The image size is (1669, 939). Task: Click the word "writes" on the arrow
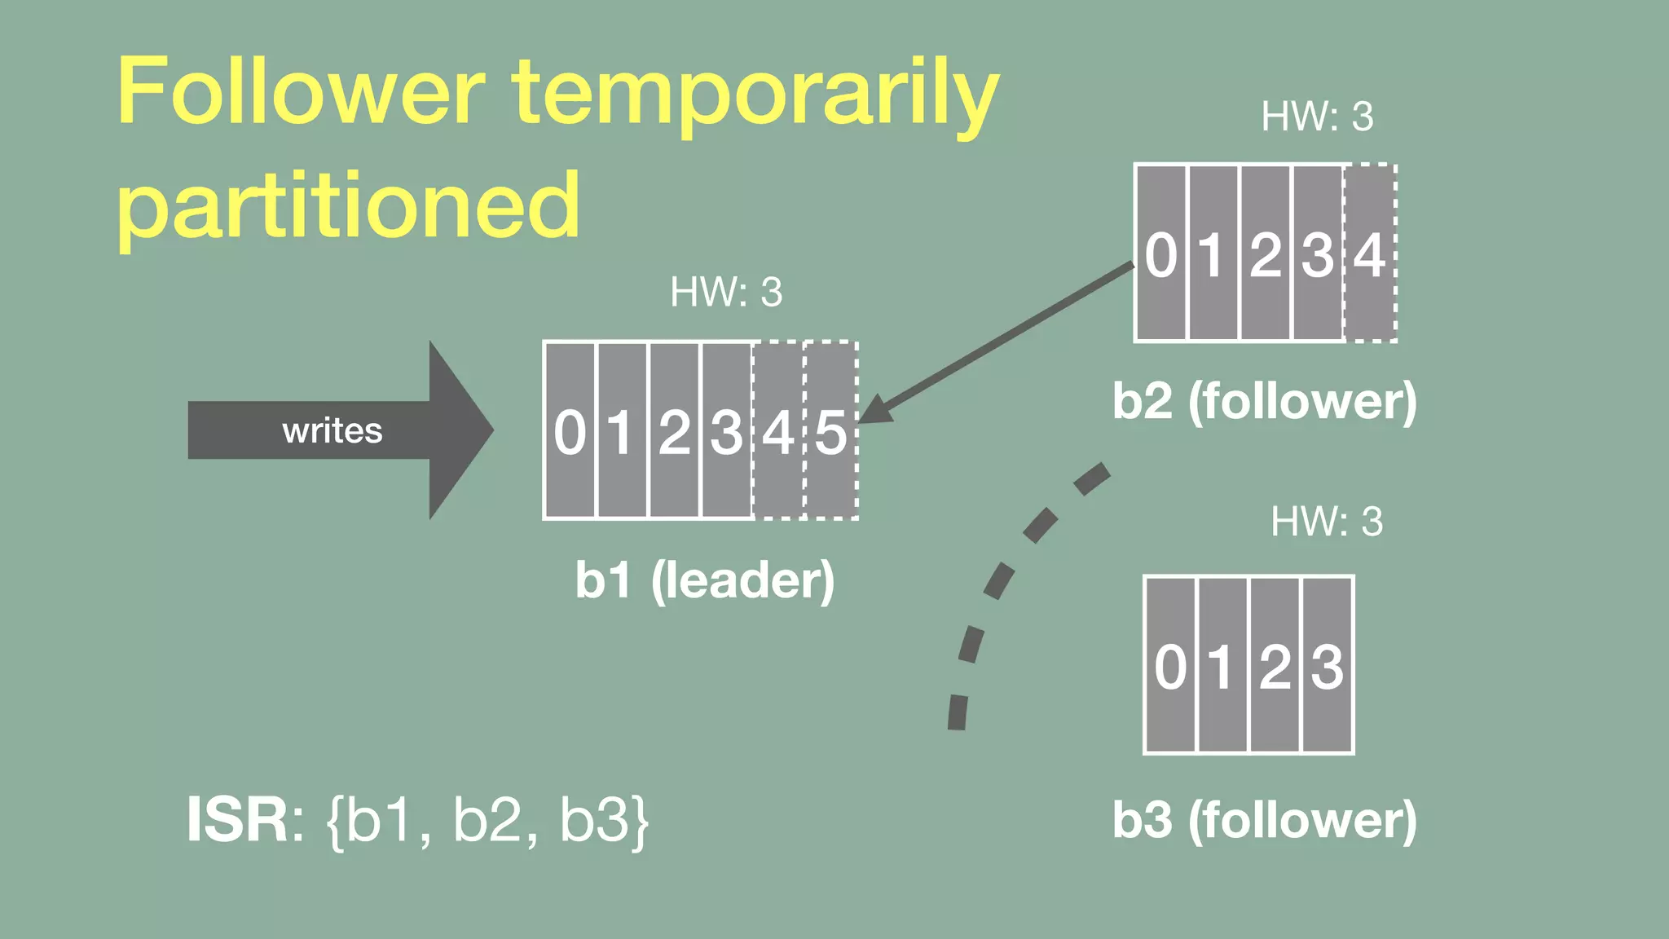point(332,430)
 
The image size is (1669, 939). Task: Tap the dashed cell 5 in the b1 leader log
point(831,430)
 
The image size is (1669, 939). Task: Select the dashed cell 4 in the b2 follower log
point(1370,253)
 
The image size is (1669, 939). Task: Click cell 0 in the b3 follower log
point(1170,665)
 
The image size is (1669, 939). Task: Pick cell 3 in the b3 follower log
point(1327,665)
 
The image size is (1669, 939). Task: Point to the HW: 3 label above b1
point(725,292)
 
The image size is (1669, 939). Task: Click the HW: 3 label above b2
point(1317,117)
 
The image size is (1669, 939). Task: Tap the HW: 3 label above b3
point(1327,522)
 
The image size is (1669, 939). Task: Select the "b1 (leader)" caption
point(705,580)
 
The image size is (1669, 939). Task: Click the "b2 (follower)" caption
point(1264,401)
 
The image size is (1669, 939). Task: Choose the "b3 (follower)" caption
point(1264,820)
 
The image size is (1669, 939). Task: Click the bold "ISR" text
point(236,820)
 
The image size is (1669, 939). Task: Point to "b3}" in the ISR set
point(604,820)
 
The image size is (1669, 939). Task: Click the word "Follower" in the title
point(301,91)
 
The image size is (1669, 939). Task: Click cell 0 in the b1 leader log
point(570,430)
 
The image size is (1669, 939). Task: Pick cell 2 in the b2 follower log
point(1266,253)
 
